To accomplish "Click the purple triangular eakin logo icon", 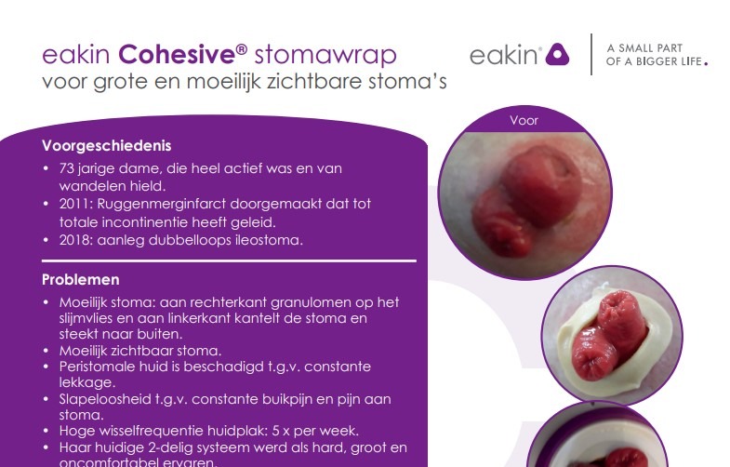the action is pos(557,54).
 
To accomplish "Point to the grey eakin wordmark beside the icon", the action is pos(503,56).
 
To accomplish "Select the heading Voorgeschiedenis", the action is pos(107,146).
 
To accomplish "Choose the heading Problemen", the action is pos(81,279).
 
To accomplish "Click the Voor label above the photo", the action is pos(524,121).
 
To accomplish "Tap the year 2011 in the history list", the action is pos(75,204).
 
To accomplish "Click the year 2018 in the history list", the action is pos(75,240).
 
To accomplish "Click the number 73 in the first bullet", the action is pos(67,168).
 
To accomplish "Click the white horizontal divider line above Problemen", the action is pos(229,260).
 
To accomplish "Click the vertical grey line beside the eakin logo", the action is pos(591,54).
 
